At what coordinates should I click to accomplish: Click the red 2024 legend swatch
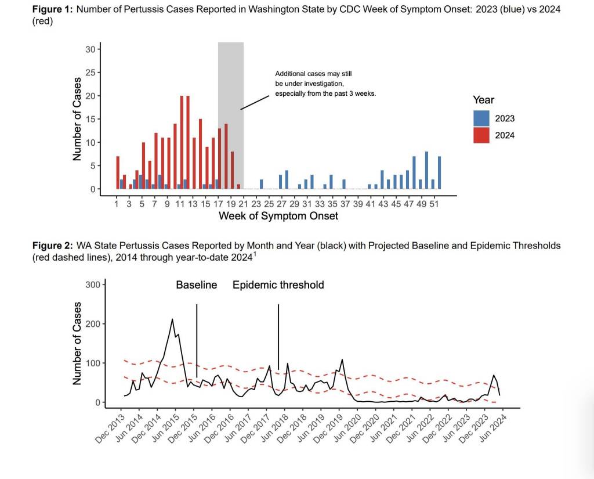tap(481, 135)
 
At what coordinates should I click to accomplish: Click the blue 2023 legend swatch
tap(481, 118)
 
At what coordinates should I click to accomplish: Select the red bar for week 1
tap(118, 173)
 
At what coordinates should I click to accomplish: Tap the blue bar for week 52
tap(439, 173)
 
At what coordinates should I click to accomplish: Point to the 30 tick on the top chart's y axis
tap(90, 49)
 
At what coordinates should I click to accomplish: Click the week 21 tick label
tap(244, 204)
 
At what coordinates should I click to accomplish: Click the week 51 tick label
tap(433, 204)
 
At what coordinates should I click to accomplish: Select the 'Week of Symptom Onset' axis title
tap(278, 217)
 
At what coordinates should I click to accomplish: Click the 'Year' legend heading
tap(483, 100)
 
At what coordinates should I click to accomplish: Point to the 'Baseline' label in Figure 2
tap(197, 285)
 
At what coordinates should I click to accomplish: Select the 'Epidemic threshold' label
tap(278, 285)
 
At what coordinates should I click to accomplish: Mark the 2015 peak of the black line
tap(172, 319)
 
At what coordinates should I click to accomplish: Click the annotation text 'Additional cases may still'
tap(313, 74)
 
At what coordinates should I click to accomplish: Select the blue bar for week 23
tap(262, 185)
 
